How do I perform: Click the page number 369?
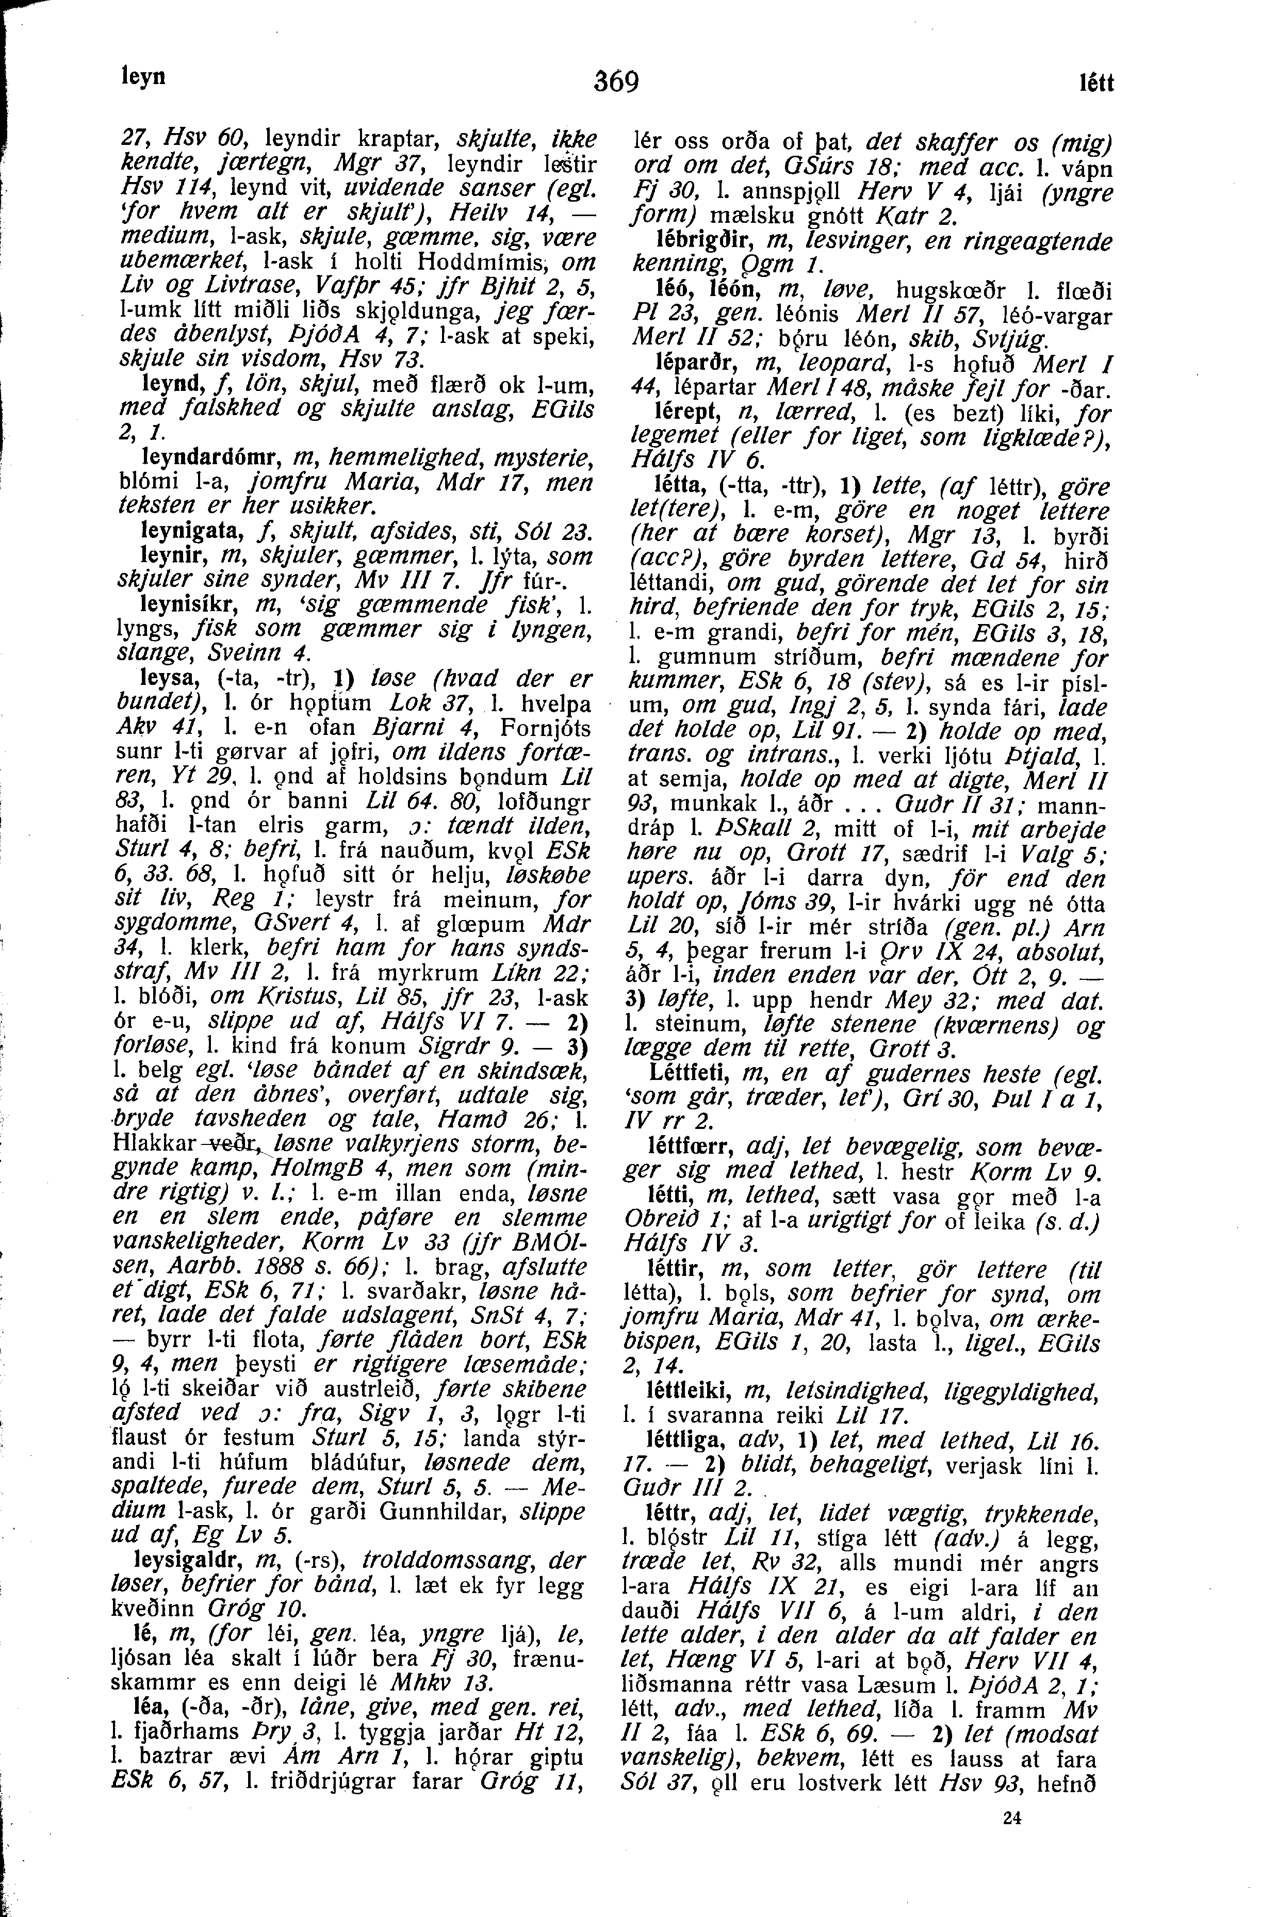tap(616, 82)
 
